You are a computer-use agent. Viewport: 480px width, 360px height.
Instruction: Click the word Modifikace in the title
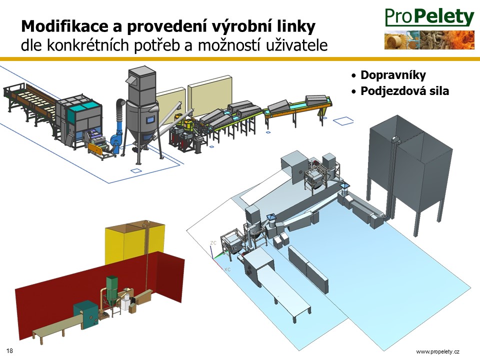click(x=64, y=26)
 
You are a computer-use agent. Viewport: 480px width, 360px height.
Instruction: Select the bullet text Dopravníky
click(x=393, y=75)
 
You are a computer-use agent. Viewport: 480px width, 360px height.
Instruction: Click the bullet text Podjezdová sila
click(x=404, y=91)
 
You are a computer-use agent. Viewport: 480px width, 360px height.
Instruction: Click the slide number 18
click(x=9, y=351)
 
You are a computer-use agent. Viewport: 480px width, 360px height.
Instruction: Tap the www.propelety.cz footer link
click(x=438, y=351)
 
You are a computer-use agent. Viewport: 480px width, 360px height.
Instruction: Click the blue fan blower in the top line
click(x=118, y=138)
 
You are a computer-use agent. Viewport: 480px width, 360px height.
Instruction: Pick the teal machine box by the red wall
click(x=86, y=314)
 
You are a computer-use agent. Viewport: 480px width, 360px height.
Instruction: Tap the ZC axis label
click(x=213, y=243)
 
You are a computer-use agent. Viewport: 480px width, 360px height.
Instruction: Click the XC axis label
click(x=227, y=269)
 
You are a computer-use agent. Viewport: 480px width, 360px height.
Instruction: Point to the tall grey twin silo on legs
click(x=409, y=171)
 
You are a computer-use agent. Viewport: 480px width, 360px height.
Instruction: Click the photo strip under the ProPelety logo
click(x=429, y=40)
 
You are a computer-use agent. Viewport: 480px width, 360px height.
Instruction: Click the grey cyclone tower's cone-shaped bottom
click(x=142, y=132)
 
